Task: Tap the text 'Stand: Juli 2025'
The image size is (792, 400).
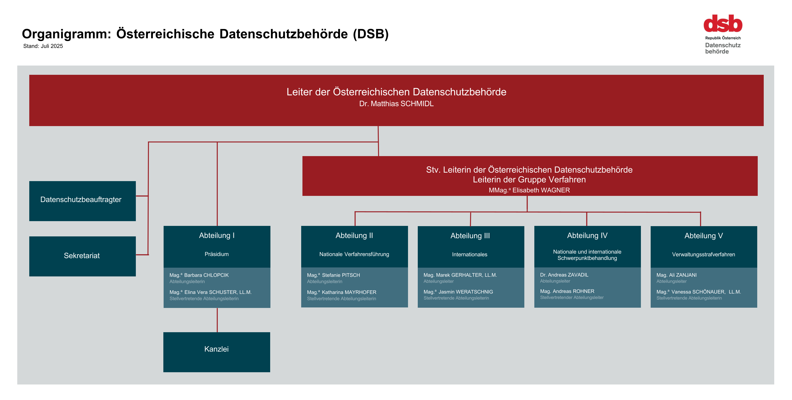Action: (x=43, y=46)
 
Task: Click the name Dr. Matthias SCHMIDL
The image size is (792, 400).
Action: (x=396, y=104)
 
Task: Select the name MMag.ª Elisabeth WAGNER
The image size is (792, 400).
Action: (x=529, y=190)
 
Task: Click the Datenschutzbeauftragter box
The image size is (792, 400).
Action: (x=82, y=201)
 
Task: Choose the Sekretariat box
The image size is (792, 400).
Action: (x=82, y=256)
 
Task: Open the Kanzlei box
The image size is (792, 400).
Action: (x=217, y=352)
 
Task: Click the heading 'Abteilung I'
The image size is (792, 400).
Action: (x=217, y=235)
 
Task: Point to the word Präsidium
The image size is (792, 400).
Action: (x=217, y=254)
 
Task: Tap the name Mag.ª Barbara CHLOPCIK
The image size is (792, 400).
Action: (x=199, y=275)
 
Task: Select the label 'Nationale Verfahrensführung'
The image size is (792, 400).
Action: (x=354, y=254)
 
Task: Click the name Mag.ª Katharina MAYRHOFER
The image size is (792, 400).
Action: (x=341, y=292)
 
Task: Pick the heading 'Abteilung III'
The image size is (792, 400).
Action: (x=470, y=236)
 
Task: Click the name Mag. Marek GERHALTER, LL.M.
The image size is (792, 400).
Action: (x=460, y=275)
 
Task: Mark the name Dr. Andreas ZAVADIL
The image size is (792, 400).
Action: (x=564, y=275)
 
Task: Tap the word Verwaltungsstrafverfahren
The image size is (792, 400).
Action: (x=703, y=254)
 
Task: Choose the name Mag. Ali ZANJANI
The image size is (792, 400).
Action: (x=676, y=275)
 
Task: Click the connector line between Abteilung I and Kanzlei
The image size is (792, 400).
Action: (x=217, y=320)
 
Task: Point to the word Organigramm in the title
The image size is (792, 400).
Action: (x=66, y=34)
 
